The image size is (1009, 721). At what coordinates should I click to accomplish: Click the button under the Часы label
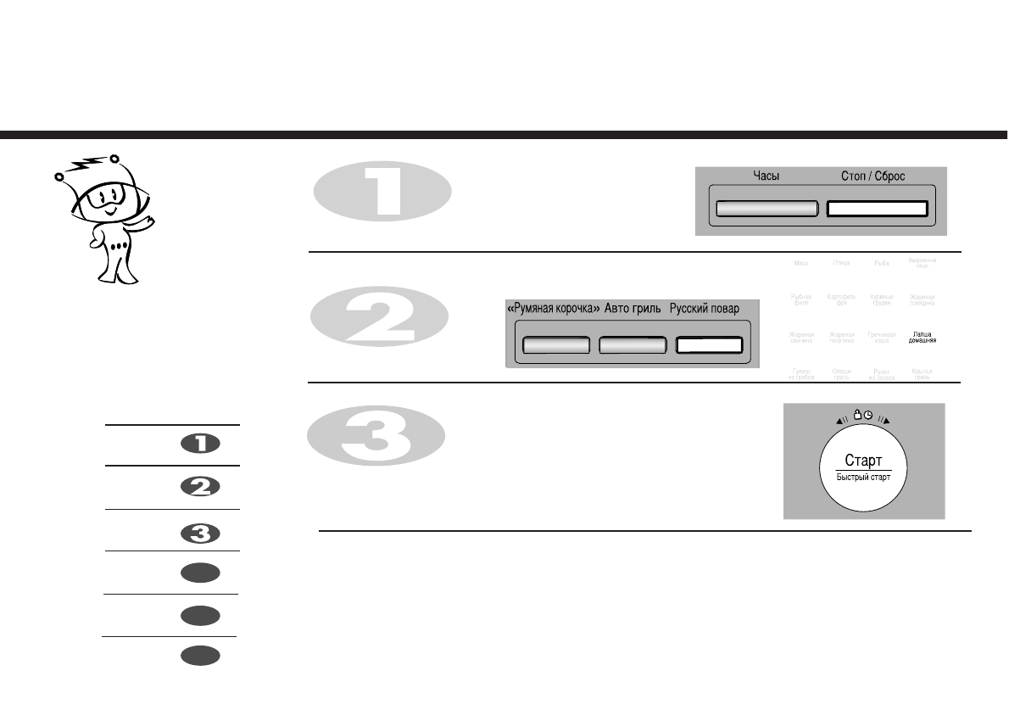[767, 209]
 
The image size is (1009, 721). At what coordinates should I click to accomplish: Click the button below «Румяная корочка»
[556, 345]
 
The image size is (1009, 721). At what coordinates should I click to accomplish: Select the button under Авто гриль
[632, 345]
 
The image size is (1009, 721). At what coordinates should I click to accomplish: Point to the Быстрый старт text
[864, 478]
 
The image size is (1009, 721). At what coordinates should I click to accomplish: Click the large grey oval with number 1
[382, 190]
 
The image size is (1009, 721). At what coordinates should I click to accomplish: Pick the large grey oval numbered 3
[376, 438]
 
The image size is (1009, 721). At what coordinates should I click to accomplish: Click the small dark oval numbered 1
[200, 443]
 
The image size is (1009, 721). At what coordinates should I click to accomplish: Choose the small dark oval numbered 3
[200, 534]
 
